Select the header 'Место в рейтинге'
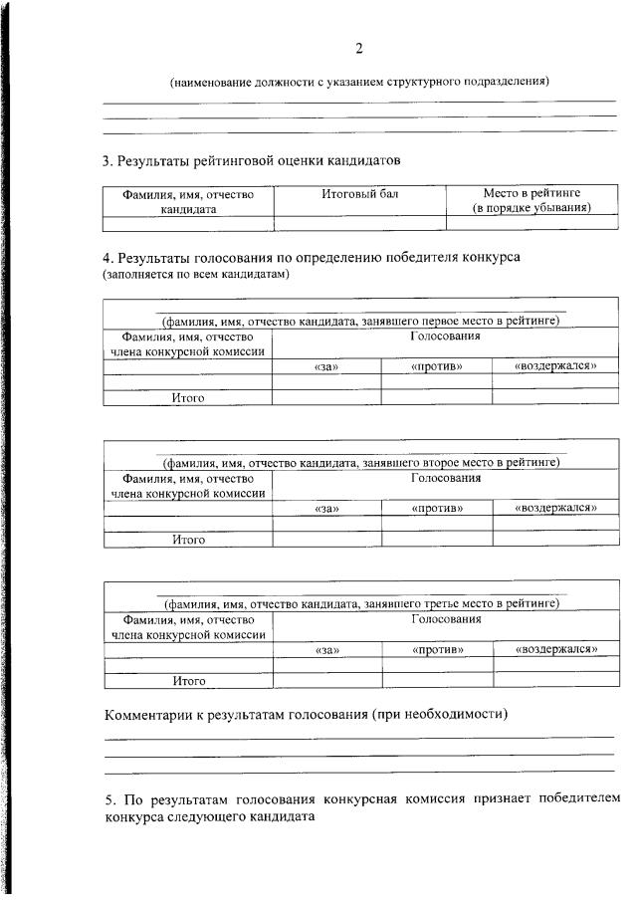(x=532, y=193)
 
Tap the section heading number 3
(x=107, y=159)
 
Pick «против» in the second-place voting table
(x=436, y=509)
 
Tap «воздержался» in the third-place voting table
(x=555, y=650)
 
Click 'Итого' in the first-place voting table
(x=188, y=398)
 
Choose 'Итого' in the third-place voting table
(x=188, y=681)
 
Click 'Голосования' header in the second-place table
(x=446, y=478)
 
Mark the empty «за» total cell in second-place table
(x=326, y=539)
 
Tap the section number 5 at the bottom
(x=108, y=799)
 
